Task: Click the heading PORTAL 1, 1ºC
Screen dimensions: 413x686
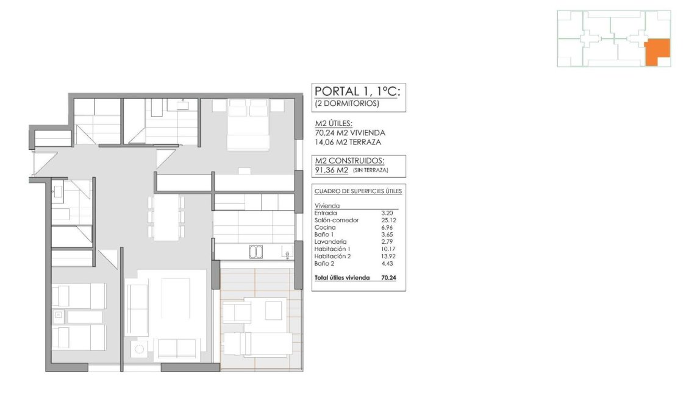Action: tap(357, 91)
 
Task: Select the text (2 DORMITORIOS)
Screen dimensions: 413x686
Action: tap(347, 104)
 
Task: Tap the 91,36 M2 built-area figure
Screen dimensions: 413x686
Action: tap(331, 170)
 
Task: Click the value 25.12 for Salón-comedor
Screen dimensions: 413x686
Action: tap(387, 220)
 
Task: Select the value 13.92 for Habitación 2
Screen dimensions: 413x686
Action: tap(387, 256)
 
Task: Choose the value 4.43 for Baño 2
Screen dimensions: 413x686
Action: tap(387, 263)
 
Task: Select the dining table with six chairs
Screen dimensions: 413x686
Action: tap(166, 217)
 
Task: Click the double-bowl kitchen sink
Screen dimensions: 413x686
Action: tap(256, 250)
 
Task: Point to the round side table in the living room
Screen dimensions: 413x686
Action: tap(140, 349)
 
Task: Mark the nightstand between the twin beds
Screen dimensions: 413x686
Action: tap(59, 316)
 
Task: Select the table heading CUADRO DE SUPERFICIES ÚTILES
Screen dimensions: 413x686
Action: tap(358, 191)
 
